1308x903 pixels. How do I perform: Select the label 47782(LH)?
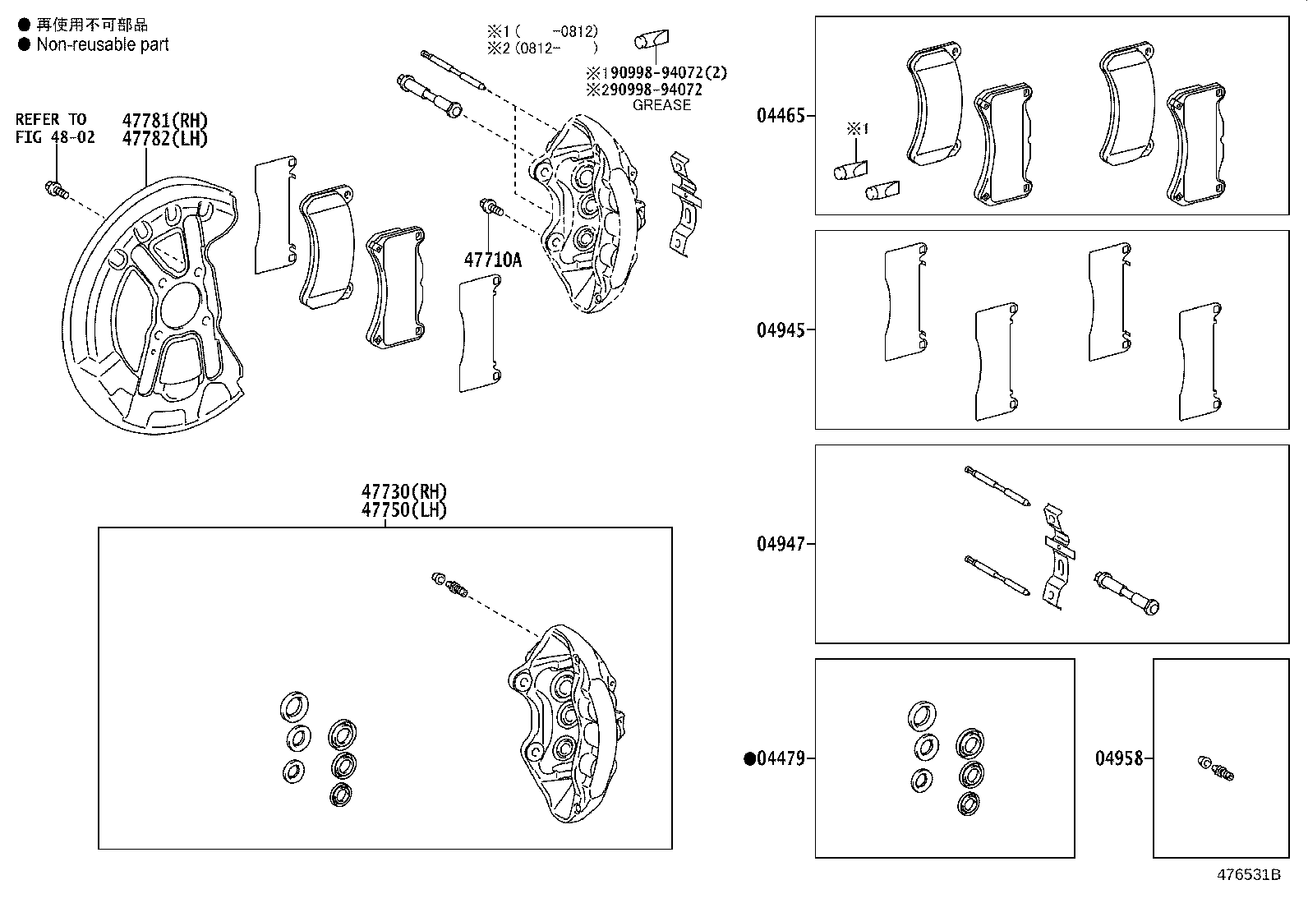[164, 138]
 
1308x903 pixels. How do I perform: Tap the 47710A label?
[493, 260]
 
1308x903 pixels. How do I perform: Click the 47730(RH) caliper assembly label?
[404, 492]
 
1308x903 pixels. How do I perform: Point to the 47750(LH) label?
[404, 509]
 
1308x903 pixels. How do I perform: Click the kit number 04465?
[781, 116]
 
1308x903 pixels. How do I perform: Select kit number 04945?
[781, 330]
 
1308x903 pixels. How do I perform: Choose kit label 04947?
[781, 544]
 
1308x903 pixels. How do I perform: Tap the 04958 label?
[1119, 758]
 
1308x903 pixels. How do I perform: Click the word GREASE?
[661, 105]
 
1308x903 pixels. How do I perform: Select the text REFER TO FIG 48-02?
[54, 129]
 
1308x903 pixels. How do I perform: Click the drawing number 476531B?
[1249, 874]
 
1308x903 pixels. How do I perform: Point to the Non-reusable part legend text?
[103, 45]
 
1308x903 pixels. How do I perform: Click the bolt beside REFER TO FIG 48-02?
[55, 190]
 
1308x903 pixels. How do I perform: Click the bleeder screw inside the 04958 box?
[1218, 768]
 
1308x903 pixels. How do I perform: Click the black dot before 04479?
[749, 758]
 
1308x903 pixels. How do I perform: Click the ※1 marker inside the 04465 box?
[857, 129]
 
